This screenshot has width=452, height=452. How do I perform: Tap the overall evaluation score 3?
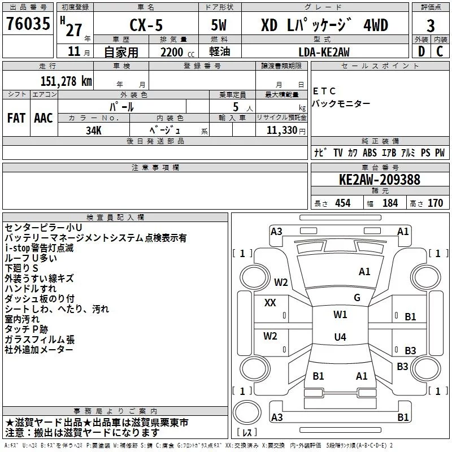(431, 26)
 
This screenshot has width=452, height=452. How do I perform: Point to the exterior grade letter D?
(420, 52)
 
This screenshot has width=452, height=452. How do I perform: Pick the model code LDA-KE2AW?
(324, 52)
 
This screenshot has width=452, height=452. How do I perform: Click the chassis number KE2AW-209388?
(379, 180)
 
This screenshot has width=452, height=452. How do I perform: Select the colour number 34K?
(93, 130)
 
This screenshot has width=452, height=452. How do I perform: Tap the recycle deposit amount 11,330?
(281, 130)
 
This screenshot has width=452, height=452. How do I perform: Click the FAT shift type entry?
(16, 118)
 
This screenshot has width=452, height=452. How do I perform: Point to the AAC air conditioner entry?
(44, 118)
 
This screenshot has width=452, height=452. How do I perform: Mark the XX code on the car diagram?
(270, 303)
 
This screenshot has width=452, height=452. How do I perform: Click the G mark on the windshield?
(357, 297)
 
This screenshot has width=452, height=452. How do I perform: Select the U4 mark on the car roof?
(340, 337)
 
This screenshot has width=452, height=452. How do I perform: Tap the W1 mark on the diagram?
(340, 315)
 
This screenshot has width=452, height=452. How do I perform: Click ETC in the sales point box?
(324, 91)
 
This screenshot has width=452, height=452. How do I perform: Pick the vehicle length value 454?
(342, 203)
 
